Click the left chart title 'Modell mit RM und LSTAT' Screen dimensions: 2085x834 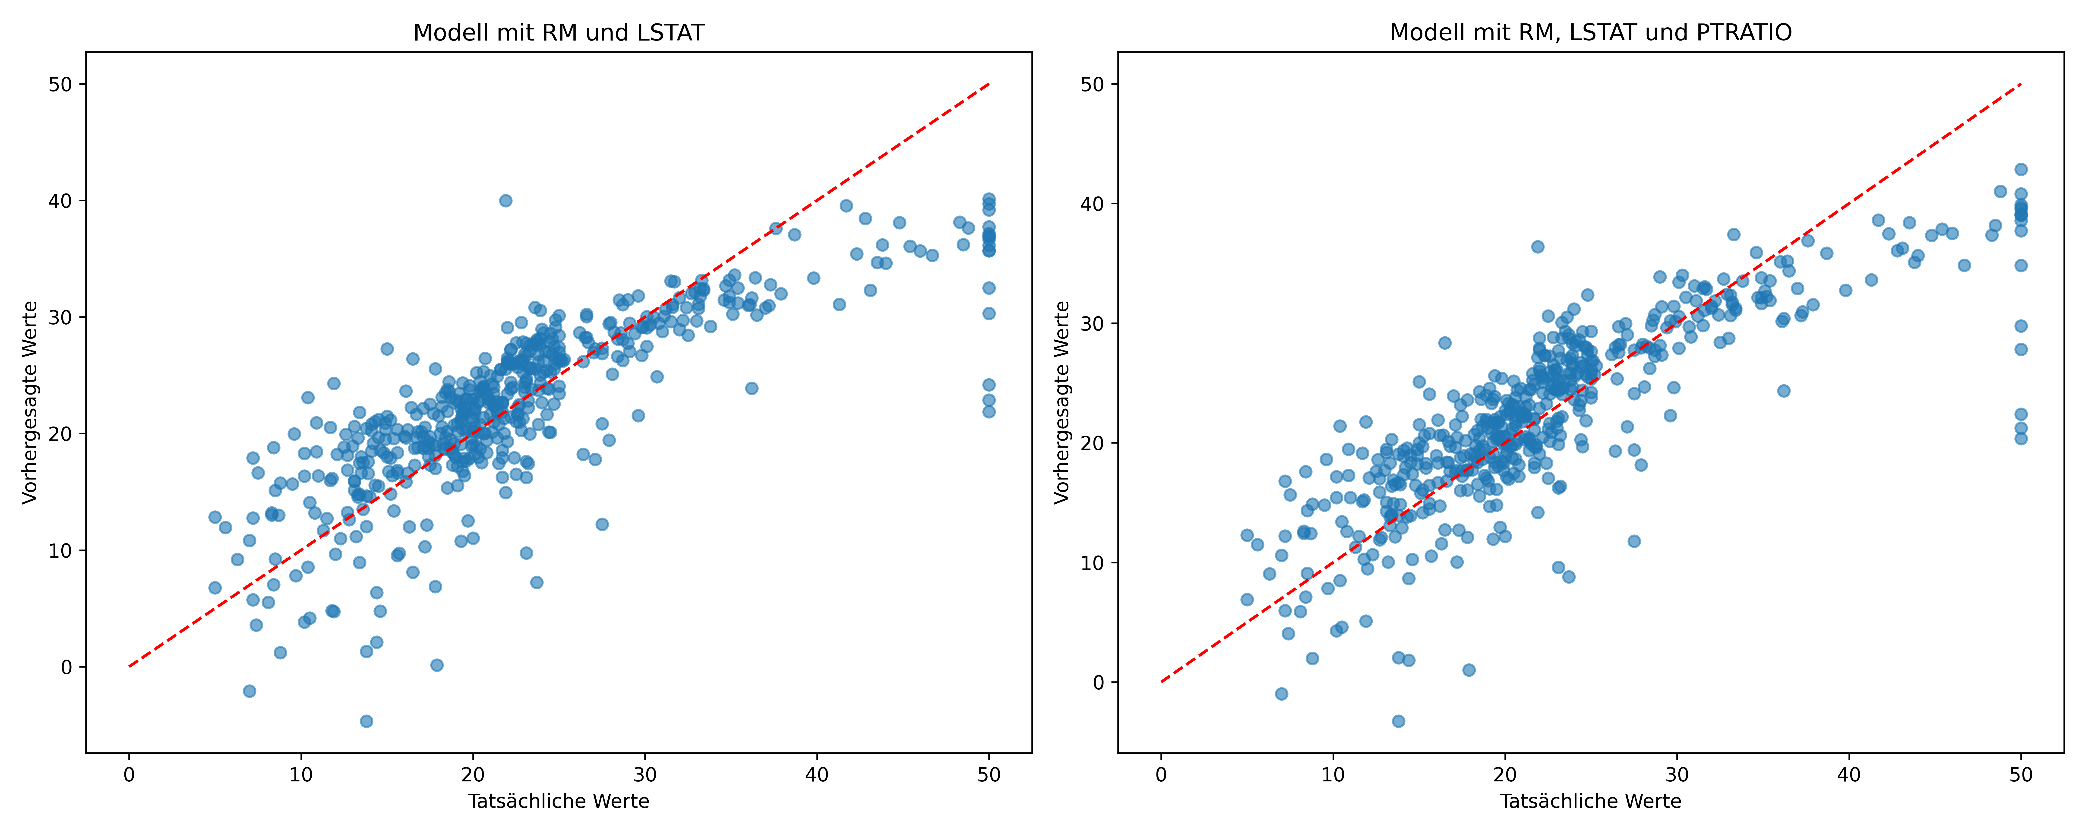[559, 32]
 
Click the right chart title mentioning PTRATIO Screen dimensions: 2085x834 [1590, 32]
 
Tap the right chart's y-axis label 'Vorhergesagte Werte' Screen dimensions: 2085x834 [1062, 402]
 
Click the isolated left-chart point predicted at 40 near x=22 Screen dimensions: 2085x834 [505, 200]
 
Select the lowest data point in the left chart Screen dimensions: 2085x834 [366, 721]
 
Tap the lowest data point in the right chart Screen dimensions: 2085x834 [1398, 721]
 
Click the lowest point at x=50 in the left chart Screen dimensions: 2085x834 [988, 411]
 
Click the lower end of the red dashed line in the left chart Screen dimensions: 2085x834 [129, 667]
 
